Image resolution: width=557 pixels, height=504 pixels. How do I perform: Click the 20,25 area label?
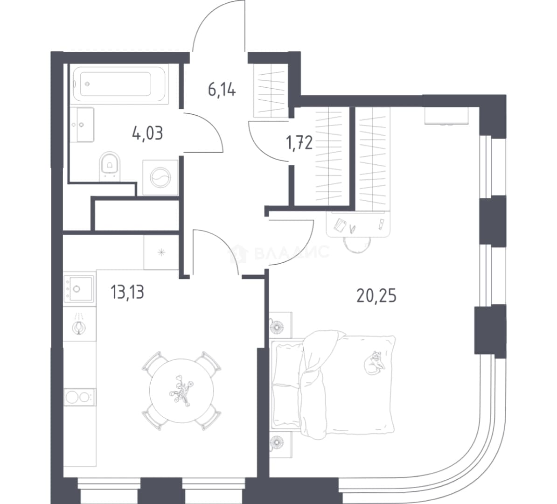(376, 296)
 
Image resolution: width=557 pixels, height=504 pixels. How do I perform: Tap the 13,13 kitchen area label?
(127, 292)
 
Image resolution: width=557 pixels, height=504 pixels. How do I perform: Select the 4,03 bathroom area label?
(147, 133)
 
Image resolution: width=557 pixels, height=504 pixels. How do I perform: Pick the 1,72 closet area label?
(299, 143)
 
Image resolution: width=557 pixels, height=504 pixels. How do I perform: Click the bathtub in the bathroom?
(119, 84)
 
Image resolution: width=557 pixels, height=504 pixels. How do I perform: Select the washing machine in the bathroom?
(160, 177)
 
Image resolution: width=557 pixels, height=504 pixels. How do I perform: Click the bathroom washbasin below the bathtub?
(82, 125)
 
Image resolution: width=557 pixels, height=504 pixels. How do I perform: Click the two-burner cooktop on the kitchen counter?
(80, 397)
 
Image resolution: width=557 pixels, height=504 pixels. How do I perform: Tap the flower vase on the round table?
(181, 390)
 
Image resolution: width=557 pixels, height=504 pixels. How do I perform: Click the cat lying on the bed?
(374, 363)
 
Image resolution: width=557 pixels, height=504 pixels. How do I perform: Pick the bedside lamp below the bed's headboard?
(277, 442)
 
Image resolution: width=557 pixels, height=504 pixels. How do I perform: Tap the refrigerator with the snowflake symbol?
(161, 252)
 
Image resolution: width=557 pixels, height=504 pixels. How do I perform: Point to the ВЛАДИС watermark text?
(292, 252)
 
